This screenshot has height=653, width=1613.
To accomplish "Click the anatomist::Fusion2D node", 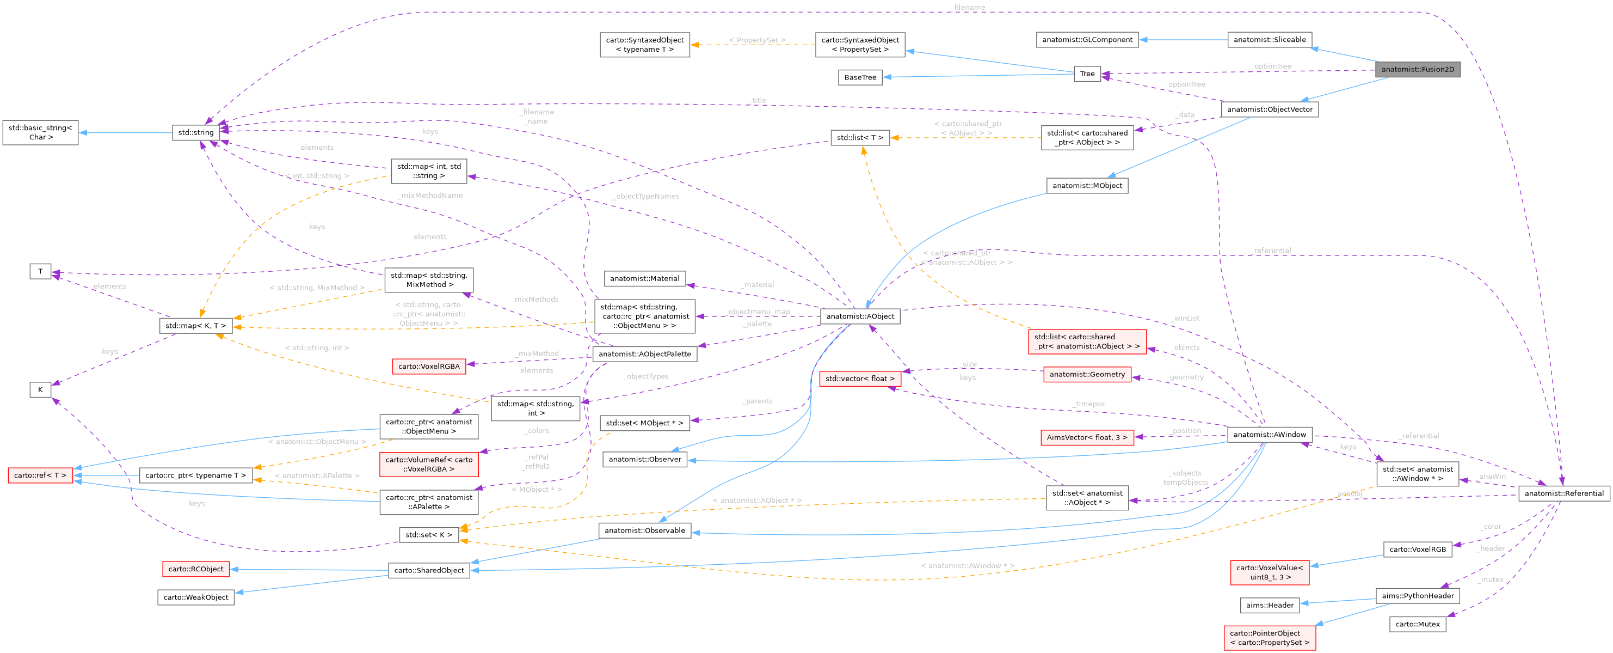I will point(1417,70).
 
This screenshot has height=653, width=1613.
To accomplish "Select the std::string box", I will point(195,132).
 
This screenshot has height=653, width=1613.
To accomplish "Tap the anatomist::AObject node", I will point(860,316).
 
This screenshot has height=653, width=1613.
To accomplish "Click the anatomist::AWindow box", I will point(1269,434).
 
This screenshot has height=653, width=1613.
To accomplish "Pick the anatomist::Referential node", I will point(1563,493).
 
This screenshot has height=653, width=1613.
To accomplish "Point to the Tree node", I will point(1087,74).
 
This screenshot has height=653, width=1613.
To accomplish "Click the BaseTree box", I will point(860,77).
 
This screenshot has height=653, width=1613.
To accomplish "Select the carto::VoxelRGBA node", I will point(428,366).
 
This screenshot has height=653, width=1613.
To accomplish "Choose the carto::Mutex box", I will point(1417,624).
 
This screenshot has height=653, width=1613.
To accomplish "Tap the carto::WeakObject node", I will point(195,597).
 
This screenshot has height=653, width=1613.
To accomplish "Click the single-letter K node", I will point(40,390).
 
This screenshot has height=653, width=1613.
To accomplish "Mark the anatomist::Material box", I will point(644,278).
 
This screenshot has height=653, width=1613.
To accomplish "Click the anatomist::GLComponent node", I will point(1087,39).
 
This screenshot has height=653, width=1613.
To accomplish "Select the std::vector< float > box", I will point(860,379).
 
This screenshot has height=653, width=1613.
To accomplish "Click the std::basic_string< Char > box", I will point(40,132).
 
